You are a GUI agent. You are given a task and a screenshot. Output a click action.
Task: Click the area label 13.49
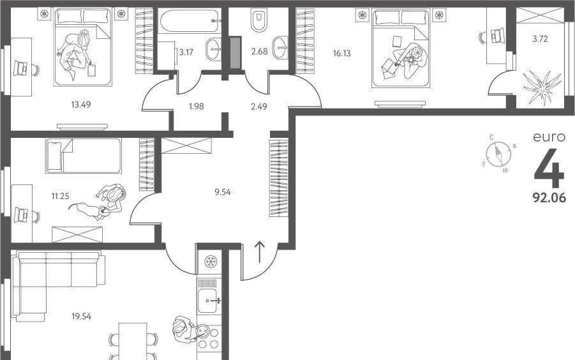pyautogui.click(x=80, y=105)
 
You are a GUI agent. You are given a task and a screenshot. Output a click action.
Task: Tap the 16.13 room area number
pyautogui.click(x=341, y=53)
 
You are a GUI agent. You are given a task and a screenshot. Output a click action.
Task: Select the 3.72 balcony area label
pyautogui.click(x=540, y=38)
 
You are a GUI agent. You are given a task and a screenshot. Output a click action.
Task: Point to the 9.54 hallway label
pyautogui.click(x=223, y=191)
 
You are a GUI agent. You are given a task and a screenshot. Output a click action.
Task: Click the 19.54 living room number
pyautogui.click(x=82, y=316)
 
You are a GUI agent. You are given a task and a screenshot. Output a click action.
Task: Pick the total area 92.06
pyautogui.click(x=549, y=198)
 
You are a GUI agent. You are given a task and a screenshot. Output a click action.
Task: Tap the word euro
pyautogui.click(x=549, y=137)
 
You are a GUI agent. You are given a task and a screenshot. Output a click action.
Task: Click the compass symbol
pyautogui.click(x=498, y=154)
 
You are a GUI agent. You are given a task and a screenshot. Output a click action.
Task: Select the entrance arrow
pyautogui.click(x=259, y=252)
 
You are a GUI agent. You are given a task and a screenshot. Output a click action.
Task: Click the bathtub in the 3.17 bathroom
pyautogui.click(x=190, y=20)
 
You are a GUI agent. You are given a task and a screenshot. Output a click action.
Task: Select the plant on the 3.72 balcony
pyautogui.click(x=542, y=86)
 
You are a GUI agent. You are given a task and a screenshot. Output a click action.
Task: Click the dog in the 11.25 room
pyautogui.click(x=87, y=211)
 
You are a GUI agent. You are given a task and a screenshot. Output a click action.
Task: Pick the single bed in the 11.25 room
pyautogui.click(x=83, y=156)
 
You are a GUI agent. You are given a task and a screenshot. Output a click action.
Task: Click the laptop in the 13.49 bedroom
pyautogui.click(x=20, y=68)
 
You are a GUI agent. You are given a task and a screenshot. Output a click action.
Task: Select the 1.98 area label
pyautogui.click(x=196, y=107)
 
